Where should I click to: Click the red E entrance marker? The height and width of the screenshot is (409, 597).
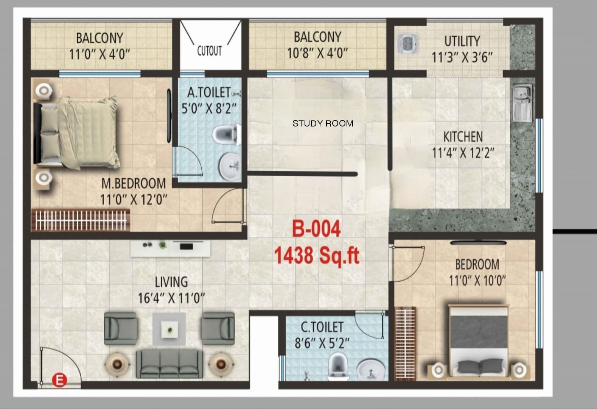tap(59, 380)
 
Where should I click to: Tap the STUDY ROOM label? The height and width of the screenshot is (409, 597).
tap(323, 123)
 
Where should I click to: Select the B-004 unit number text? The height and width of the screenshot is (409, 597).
tap(316, 229)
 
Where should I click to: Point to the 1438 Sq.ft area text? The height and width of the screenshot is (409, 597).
tap(317, 256)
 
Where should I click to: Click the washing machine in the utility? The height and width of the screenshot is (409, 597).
tap(407, 44)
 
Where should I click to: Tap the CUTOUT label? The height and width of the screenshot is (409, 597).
tap(209, 51)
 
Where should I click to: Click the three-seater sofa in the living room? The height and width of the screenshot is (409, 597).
tap(169, 364)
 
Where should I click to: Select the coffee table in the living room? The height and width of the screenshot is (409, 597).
tap(169, 329)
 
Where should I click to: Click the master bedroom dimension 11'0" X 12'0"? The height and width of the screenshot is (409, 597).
tap(134, 199)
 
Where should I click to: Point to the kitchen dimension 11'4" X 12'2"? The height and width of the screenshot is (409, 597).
tap(463, 153)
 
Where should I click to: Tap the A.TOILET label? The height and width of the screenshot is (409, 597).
tap(209, 92)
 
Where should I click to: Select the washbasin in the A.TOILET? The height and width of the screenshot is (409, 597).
tap(230, 166)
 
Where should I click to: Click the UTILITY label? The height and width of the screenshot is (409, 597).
tap(462, 41)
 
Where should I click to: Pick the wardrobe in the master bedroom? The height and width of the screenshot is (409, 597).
tap(81, 220)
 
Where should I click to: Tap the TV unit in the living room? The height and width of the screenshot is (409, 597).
tap(170, 249)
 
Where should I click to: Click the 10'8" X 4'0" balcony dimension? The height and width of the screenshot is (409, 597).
tap(317, 53)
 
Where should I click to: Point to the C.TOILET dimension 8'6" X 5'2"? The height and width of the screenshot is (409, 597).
tap(322, 343)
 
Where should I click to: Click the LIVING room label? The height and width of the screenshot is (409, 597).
tap(171, 282)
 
